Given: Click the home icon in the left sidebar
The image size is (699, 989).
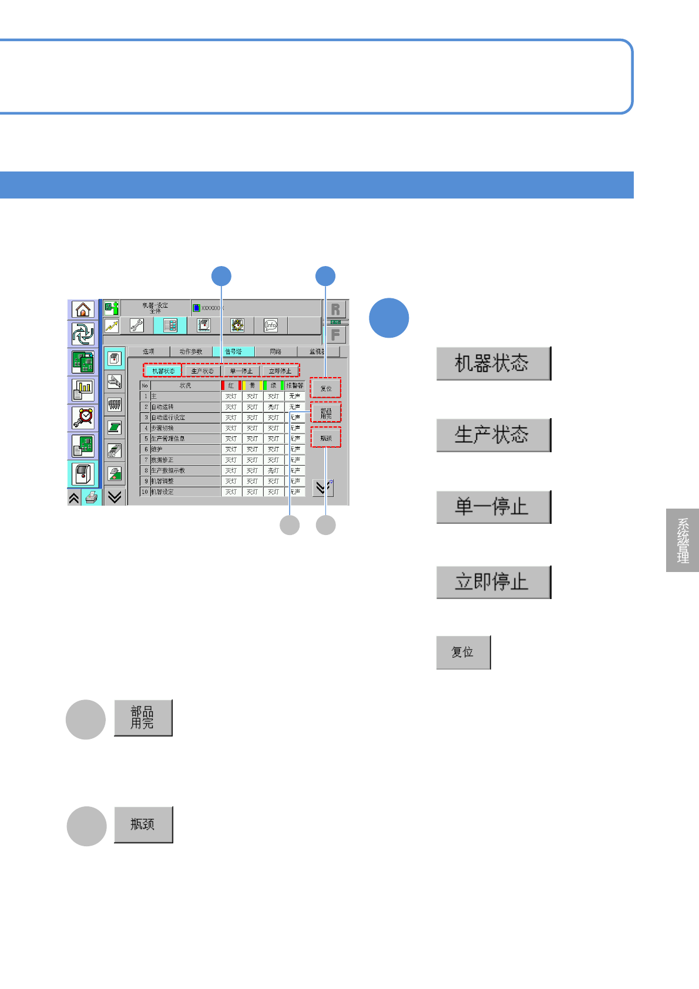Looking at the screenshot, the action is pyautogui.click(x=83, y=310).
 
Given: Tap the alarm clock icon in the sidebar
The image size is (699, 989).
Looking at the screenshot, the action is pyautogui.click(x=83, y=418).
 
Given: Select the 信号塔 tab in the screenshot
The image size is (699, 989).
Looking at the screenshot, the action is pyautogui.click(x=233, y=352).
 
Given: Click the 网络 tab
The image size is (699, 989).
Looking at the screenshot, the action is pyautogui.click(x=275, y=352).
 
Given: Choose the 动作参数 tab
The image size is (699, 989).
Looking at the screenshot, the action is pyautogui.click(x=191, y=352).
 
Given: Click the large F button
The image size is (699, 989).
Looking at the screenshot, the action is pyautogui.click(x=335, y=335).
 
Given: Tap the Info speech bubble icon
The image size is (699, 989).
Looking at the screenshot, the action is pyautogui.click(x=271, y=325).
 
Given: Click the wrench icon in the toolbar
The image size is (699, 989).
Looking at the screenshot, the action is pyautogui.click(x=137, y=325).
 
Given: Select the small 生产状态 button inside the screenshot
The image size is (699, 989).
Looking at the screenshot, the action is pyautogui.click(x=203, y=371).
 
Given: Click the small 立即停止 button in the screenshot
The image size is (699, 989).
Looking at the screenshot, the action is pyautogui.click(x=280, y=371).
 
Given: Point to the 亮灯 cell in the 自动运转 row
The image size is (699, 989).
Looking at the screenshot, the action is pyautogui.click(x=274, y=407).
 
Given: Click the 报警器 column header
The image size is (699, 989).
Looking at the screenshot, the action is pyautogui.click(x=295, y=386).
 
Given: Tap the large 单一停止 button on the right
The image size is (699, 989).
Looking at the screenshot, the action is pyautogui.click(x=493, y=507).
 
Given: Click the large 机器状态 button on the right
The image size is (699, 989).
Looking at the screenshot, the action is pyautogui.click(x=493, y=364).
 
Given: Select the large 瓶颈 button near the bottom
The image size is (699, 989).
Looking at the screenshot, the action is pyautogui.click(x=143, y=825).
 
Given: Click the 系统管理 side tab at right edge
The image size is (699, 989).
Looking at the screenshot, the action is pyautogui.click(x=683, y=540).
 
